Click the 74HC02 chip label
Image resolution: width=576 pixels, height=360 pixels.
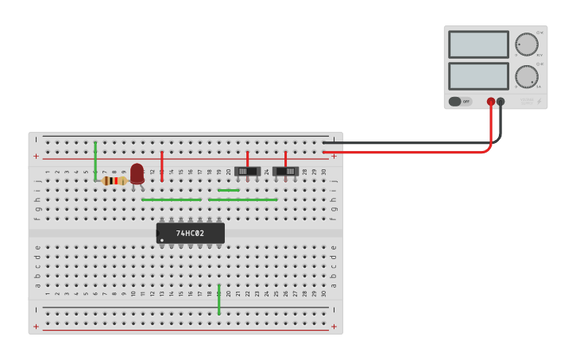pyautogui.click(x=190, y=234)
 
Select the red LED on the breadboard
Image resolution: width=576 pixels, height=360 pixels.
pyautogui.click(x=137, y=173)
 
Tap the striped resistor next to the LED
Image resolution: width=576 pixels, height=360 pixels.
pyautogui.click(x=115, y=180)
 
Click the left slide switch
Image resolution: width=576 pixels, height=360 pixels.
pyautogui.click(x=248, y=172)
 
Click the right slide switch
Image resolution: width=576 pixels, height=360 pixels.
pyautogui.click(x=285, y=172)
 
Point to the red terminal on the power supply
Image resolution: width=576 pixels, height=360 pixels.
pyautogui.click(x=491, y=102)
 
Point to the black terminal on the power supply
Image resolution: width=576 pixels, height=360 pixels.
pyautogui.click(x=501, y=102)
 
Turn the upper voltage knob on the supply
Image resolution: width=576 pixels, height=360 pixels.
pyautogui.click(x=526, y=45)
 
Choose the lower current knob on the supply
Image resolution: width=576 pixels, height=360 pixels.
pyautogui.click(x=526, y=76)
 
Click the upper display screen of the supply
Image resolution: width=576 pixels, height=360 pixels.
pyautogui.click(x=478, y=45)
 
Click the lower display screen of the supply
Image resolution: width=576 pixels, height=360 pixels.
pyautogui.click(x=478, y=75)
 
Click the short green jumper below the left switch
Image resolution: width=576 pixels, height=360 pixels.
pyautogui.click(x=229, y=191)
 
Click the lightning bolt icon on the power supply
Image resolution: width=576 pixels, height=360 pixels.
pyautogui.click(x=539, y=101)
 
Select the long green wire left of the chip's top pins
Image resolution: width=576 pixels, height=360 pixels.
pyautogui.click(x=171, y=199)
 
